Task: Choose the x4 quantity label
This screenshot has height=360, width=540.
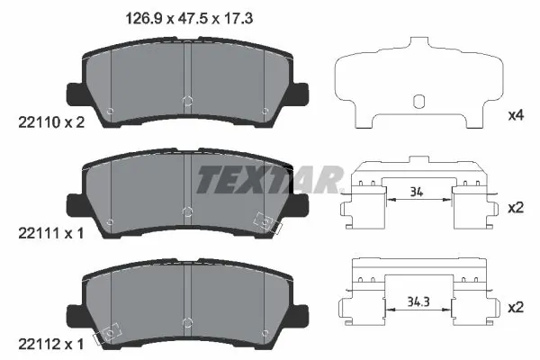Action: (x=516, y=116)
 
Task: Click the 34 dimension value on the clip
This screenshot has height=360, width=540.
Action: (x=416, y=192)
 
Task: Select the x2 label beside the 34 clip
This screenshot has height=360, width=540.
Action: (x=516, y=207)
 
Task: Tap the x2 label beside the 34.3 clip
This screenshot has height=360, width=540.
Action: (x=516, y=307)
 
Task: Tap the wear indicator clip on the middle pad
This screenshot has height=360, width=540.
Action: (x=267, y=221)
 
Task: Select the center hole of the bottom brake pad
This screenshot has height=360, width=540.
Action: (x=186, y=321)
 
